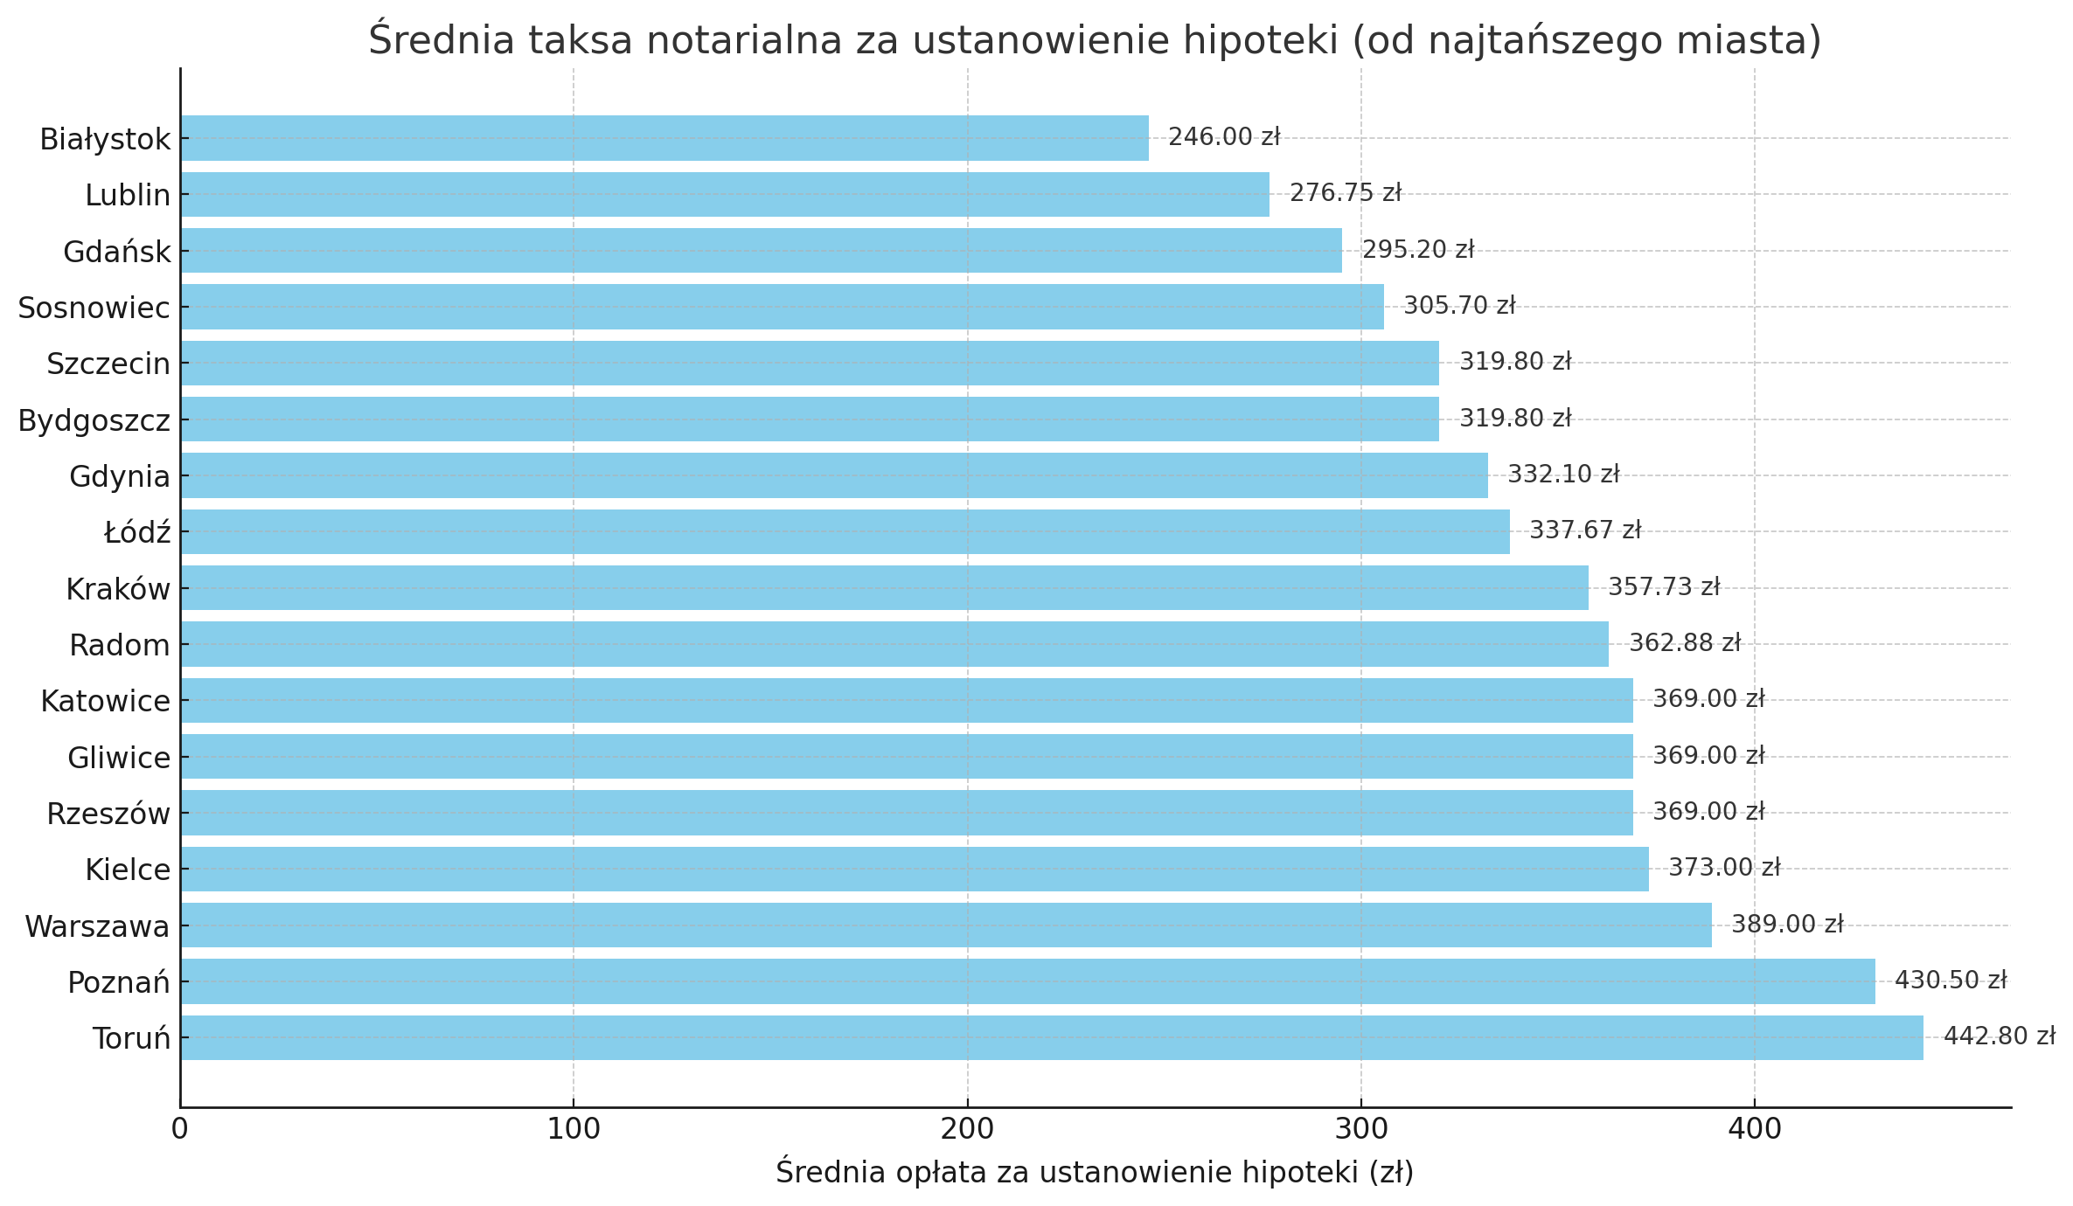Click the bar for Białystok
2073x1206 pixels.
coord(664,138)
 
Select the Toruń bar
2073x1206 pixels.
coord(1052,1037)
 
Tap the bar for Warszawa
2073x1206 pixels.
coord(946,925)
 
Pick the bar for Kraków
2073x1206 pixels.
coord(884,587)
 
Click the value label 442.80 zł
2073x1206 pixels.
coord(1999,1036)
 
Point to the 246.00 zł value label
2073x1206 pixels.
coord(1224,137)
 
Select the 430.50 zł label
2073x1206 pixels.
coord(1951,981)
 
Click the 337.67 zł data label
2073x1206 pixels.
coord(1585,530)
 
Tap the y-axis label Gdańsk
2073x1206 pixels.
coord(117,253)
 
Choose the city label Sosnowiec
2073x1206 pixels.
coord(94,308)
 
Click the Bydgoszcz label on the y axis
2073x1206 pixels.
coord(94,421)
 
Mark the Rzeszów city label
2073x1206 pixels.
coord(108,814)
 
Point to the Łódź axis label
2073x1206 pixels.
coord(137,533)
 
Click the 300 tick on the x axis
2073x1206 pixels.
coord(1360,1129)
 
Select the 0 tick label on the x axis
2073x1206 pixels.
coord(180,1129)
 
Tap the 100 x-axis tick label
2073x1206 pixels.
coord(574,1129)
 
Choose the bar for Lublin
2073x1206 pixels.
coord(725,194)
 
